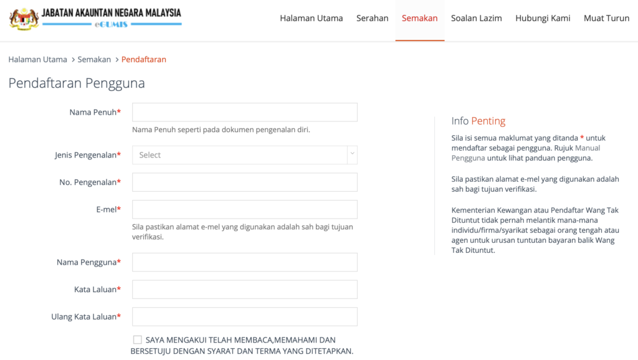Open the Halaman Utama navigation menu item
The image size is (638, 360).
coord(311,18)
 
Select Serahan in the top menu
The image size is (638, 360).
coord(372,18)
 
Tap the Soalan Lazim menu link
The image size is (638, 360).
coord(476,18)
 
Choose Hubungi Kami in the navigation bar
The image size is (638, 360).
coord(543,18)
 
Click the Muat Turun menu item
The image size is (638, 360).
coord(606,18)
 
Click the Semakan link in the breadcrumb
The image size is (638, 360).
coord(94,60)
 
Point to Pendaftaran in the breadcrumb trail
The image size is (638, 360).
coord(143,60)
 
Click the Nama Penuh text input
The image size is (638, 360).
coord(244,112)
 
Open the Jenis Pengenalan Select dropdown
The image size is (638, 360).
coord(244,155)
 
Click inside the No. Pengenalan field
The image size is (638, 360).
coord(244,182)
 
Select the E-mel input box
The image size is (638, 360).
coord(244,209)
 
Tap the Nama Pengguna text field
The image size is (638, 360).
coord(244,262)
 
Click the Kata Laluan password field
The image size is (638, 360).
coord(244,290)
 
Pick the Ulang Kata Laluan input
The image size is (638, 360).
coord(244,316)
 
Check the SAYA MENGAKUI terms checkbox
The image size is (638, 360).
coord(138,340)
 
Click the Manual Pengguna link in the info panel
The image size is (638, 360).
coord(588,148)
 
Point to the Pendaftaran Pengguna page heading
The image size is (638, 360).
coord(77,83)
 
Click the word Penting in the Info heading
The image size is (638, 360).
coord(488,121)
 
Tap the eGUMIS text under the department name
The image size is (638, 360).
coord(112,24)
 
